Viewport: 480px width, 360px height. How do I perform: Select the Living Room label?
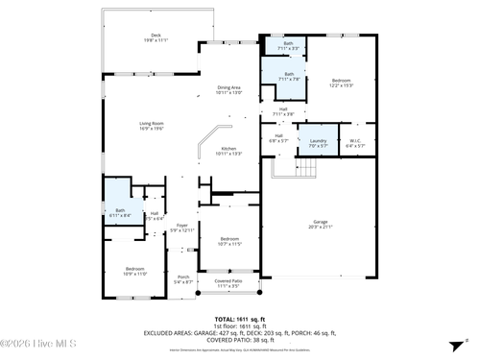(152, 125)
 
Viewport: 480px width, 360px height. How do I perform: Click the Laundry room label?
(318, 143)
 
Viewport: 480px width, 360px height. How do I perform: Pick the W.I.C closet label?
(354, 143)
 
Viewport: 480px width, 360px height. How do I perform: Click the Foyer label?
(181, 228)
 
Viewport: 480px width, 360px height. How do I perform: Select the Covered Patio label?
(228, 283)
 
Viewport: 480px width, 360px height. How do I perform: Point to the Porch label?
(183, 278)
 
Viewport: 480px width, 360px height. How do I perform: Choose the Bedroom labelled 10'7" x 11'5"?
(228, 241)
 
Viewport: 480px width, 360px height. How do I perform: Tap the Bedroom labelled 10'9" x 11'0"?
(135, 271)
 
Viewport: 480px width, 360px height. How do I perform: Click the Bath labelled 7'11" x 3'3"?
(288, 45)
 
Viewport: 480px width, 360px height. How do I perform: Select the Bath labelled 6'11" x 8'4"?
(120, 212)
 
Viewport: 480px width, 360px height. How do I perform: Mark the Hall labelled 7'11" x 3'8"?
(284, 111)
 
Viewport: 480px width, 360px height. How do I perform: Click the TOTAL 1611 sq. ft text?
(239, 318)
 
